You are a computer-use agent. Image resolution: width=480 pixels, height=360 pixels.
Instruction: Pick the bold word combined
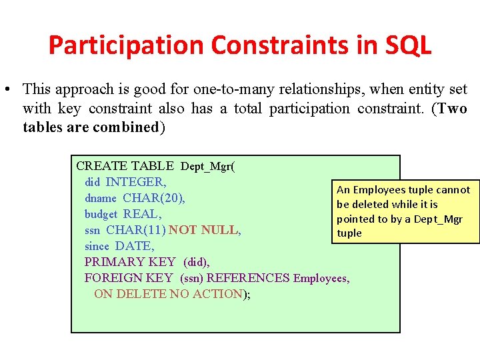pyautogui.click(x=123, y=127)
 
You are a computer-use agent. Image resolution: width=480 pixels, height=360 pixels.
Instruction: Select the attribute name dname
pyautogui.click(x=101, y=198)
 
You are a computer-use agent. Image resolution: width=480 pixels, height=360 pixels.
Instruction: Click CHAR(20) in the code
pyautogui.click(x=154, y=198)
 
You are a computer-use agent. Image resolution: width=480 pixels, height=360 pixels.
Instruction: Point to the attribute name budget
pyautogui.click(x=101, y=214)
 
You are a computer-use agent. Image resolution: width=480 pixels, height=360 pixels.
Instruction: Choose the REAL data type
pyautogui.click(x=141, y=214)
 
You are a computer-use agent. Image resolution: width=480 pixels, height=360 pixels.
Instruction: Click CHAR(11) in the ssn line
pyautogui.click(x=135, y=230)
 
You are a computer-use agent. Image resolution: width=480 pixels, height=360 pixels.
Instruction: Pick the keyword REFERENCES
pyautogui.click(x=249, y=278)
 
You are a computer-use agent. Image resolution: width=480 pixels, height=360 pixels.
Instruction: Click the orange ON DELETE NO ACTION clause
pyautogui.click(x=169, y=294)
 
